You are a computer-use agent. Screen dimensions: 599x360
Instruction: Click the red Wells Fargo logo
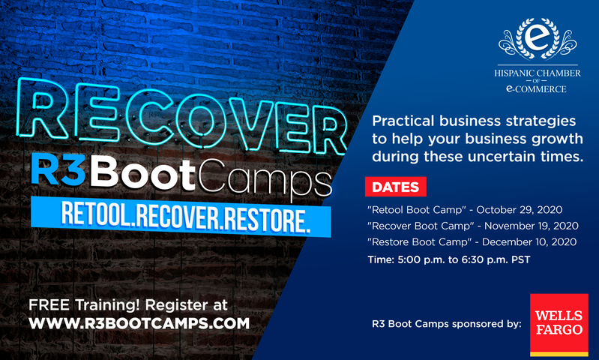pos(559,325)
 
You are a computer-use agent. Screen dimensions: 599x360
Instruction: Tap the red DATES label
pos(395,187)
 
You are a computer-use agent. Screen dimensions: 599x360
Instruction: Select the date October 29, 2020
pos(520,210)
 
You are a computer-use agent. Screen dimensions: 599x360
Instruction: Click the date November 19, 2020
pos(531,226)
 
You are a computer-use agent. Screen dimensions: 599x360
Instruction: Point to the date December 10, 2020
pos(529,242)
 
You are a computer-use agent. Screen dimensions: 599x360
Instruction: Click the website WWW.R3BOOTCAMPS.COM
pos(139,324)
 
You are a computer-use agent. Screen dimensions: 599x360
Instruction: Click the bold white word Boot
pos(142,174)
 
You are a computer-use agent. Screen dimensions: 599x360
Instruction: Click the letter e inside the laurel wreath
pos(538,37)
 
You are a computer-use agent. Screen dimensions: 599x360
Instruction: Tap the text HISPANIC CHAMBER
pos(538,73)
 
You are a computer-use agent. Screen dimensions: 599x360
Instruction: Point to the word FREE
pos(49,305)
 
